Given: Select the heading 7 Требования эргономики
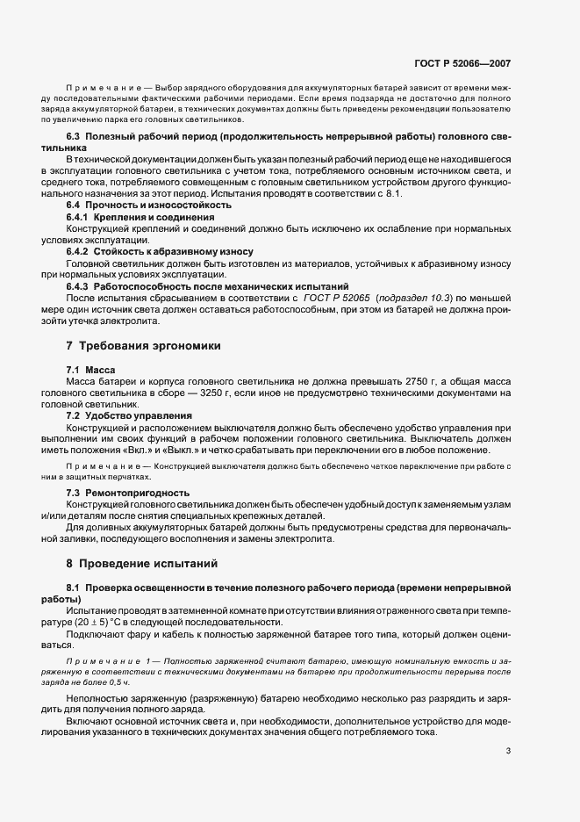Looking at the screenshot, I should [x=138, y=346].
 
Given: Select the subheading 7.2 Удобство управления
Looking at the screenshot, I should [x=124, y=414].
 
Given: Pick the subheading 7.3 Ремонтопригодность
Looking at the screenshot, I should [x=128, y=493].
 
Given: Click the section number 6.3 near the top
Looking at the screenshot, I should [x=75, y=138].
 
